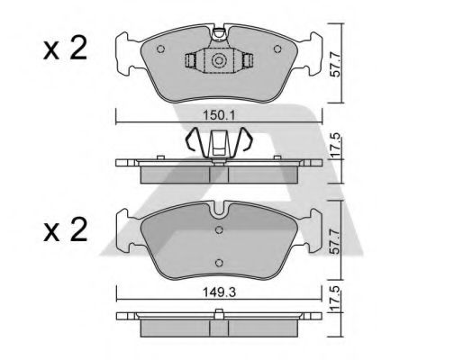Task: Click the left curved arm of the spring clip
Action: coord(192,140)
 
